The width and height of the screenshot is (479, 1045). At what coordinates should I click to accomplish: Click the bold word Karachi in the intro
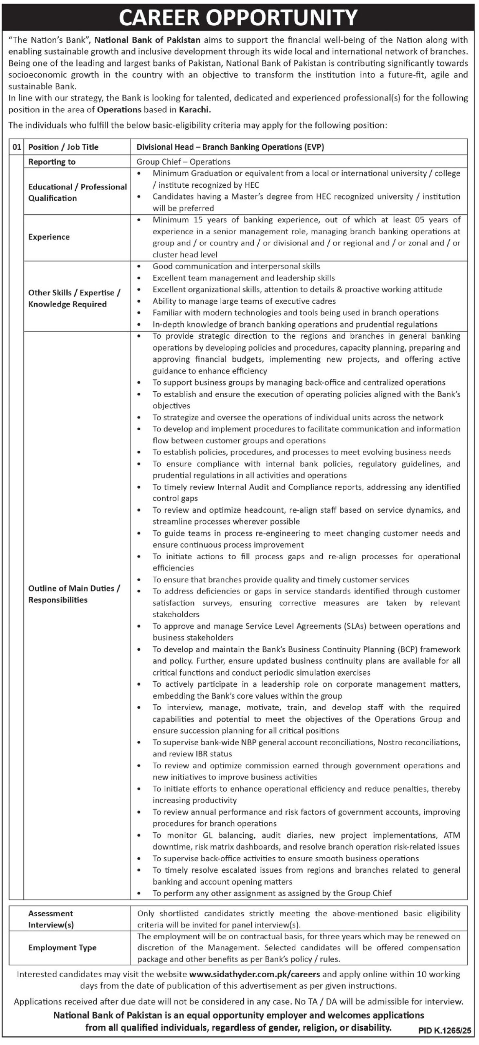[x=195, y=109]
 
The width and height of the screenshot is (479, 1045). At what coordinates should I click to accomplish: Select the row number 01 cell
[x=16, y=147]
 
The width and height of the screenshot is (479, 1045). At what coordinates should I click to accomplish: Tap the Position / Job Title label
[x=63, y=147]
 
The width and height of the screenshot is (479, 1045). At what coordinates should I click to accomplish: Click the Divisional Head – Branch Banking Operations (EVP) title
[x=231, y=147]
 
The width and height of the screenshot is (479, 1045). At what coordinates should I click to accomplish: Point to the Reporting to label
[x=52, y=162]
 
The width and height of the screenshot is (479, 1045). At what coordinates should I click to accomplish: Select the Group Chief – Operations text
[x=184, y=162]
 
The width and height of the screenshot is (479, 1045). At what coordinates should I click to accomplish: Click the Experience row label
[x=49, y=237]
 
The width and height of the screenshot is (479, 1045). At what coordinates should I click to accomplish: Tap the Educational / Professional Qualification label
[x=78, y=192]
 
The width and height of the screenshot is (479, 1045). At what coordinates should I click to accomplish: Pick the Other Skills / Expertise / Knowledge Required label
[x=74, y=298]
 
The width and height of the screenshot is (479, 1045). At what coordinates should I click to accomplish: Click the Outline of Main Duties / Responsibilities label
[x=74, y=594]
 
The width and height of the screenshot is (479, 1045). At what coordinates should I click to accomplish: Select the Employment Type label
[x=62, y=948]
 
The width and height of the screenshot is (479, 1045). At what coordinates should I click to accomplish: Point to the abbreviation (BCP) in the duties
[x=408, y=649]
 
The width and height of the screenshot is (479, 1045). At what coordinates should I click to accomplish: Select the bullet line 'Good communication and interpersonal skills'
[x=236, y=266]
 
